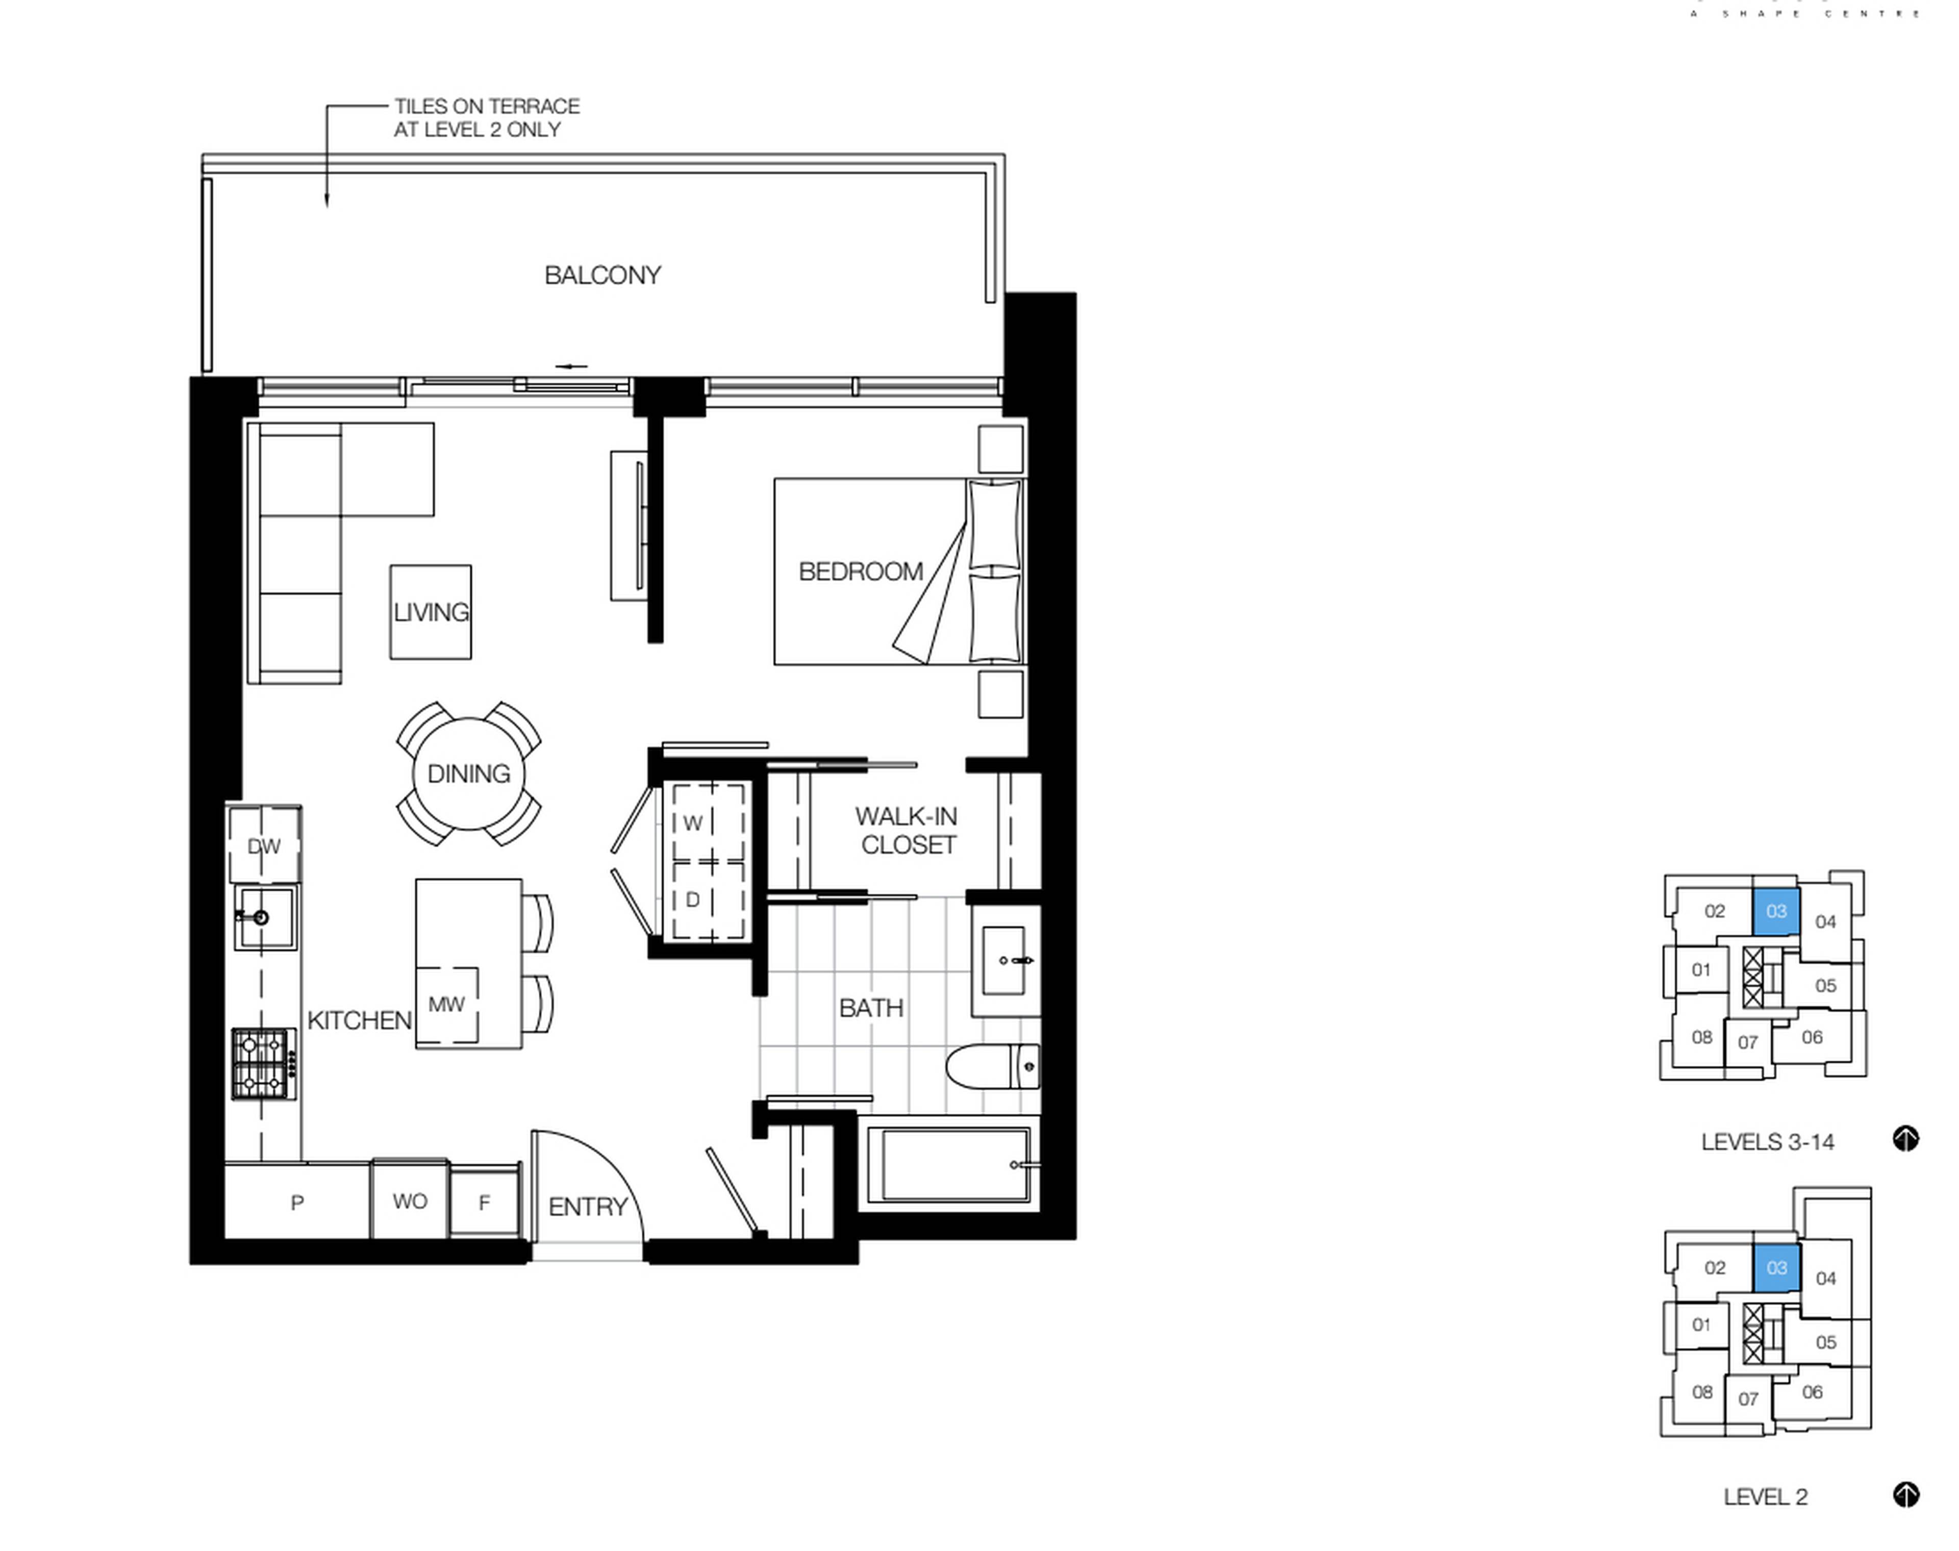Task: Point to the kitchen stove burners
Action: [262, 1063]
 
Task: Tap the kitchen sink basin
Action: [265, 917]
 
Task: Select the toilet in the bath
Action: [991, 1067]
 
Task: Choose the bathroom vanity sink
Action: [1004, 960]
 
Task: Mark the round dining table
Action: [468, 773]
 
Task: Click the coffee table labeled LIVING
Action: [430, 612]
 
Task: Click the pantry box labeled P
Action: [297, 1203]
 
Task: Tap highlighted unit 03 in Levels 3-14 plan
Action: [1776, 911]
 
